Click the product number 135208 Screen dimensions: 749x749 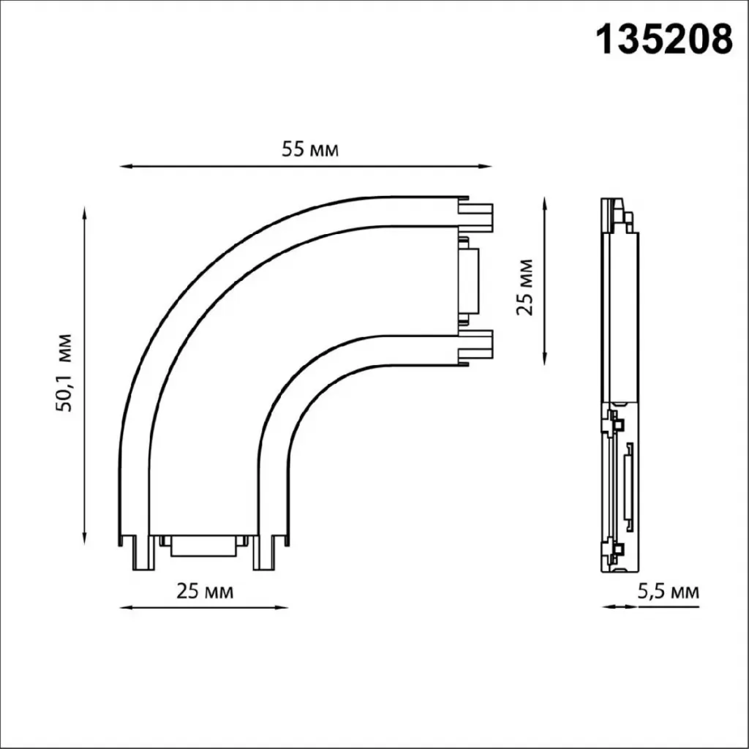click(x=665, y=40)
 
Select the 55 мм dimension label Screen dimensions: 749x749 click(x=310, y=149)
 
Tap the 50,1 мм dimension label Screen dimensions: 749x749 click(x=64, y=373)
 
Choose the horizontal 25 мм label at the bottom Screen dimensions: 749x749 click(x=205, y=591)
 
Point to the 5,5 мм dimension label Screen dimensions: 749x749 click(x=669, y=591)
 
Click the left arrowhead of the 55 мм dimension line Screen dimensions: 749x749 click(x=125, y=166)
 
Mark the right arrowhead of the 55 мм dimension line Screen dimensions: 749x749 click(x=486, y=166)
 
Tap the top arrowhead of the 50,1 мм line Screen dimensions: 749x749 click(x=85, y=213)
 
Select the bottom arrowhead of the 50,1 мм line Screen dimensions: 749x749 click(x=85, y=538)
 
